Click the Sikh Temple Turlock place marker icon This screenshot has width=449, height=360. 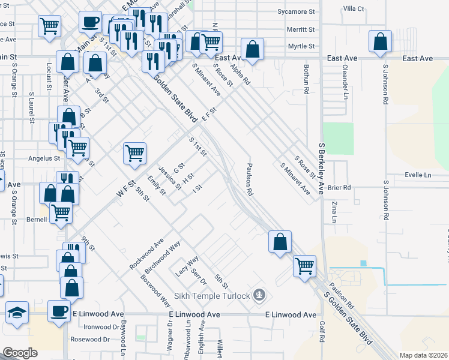259,295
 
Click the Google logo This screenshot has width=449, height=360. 20,353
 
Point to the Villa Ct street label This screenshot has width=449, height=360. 353,8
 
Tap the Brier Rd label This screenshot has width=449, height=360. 339,187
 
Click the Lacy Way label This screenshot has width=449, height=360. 187,266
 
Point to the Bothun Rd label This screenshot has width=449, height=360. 306,80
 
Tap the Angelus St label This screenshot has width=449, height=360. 45,159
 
